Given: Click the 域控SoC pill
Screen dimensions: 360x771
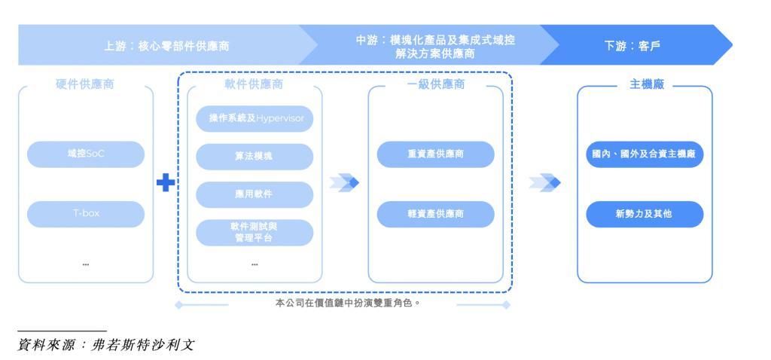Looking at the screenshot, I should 85,154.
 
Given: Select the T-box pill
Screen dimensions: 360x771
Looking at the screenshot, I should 85,214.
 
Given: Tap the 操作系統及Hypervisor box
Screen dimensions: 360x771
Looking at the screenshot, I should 254,119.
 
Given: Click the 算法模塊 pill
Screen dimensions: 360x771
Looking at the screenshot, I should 254,157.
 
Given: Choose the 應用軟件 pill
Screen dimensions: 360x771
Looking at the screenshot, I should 254,194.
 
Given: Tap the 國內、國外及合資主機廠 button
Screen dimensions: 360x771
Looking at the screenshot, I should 644,154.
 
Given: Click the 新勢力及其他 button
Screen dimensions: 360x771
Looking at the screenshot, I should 644,214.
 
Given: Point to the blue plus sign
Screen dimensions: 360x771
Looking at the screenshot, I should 166,182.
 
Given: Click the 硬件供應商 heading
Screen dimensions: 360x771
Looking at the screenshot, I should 85,85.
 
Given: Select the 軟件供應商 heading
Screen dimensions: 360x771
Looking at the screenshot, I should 254,85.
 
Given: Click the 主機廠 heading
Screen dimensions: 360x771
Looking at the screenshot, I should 644,85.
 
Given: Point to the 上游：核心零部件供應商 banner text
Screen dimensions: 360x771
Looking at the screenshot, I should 166,45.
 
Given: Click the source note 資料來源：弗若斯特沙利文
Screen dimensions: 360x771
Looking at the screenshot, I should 106,345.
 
